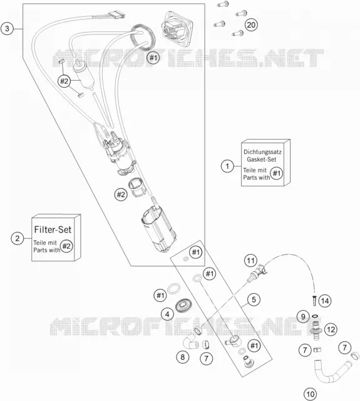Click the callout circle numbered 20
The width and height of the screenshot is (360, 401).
251,25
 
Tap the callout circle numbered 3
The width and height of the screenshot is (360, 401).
7,28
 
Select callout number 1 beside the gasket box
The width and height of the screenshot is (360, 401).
227,166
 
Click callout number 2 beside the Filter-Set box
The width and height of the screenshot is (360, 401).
18,238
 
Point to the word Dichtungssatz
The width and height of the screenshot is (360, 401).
262,152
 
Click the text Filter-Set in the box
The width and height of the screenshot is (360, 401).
53,229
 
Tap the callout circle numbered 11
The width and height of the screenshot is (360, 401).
250,261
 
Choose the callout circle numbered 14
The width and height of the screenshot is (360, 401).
325,301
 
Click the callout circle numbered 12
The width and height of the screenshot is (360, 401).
331,329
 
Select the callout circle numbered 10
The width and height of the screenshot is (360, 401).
310,394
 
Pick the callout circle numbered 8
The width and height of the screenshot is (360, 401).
182,357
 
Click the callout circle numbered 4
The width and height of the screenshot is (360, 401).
167,314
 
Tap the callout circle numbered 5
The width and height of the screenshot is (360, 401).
254,299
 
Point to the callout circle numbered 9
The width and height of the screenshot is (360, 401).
303,316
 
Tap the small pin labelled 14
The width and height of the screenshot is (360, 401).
314,300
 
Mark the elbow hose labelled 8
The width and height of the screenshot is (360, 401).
190,343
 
